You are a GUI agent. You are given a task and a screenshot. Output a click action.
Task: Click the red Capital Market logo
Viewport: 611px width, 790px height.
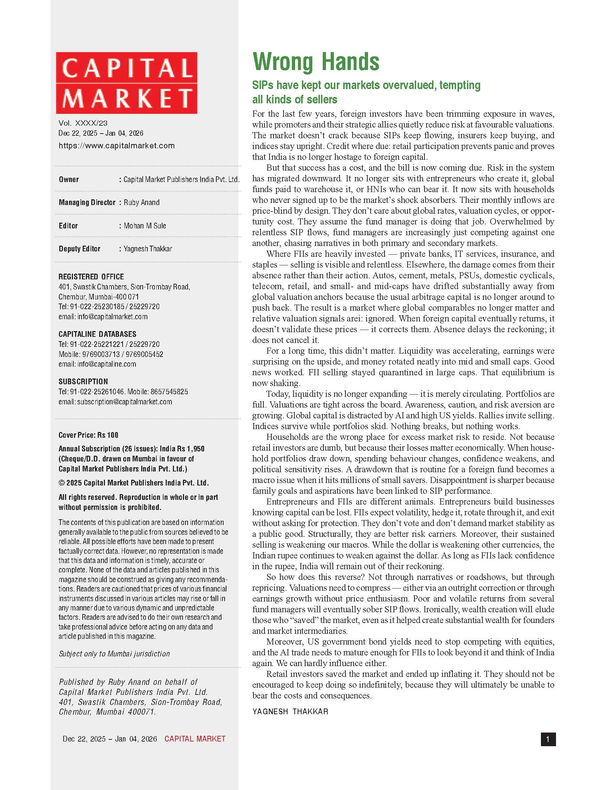click(x=126, y=83)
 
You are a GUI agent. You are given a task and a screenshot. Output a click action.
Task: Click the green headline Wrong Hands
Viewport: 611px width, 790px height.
click(x=316, y=62)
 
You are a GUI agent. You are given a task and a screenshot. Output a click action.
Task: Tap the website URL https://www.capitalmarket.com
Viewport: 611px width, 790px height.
click(x=116, y=146)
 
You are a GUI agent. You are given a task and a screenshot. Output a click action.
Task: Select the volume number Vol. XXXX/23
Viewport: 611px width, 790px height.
click(x=83, y=123)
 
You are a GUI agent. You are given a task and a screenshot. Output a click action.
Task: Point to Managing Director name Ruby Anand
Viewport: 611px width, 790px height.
click(x=142, y=203)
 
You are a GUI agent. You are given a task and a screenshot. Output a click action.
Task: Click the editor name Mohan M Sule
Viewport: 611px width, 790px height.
click(x=145, y=226)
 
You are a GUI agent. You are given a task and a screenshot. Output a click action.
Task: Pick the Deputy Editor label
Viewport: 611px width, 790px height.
click(x=80, y=249)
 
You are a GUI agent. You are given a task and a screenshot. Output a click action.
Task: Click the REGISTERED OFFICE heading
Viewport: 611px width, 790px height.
click(x=91, y=277)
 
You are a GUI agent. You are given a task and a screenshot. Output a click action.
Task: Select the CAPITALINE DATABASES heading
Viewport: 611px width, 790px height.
click(x=97, y=334)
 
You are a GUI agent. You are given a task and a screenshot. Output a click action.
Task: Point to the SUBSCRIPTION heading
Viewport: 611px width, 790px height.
click(x=83, y=382)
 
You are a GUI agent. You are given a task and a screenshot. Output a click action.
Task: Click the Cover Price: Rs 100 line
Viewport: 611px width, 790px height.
click(x=88, y=435)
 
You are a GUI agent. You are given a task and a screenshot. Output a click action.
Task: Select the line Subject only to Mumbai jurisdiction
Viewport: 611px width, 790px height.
click(x=114, y=654)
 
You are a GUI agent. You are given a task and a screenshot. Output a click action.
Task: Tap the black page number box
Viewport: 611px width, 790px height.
click(x=548, y=739)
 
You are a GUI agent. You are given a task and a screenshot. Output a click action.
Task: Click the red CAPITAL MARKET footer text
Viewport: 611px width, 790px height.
click(x=195, y=739)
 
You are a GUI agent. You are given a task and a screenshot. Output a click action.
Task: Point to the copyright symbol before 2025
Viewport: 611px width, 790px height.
click(x=61, y=483)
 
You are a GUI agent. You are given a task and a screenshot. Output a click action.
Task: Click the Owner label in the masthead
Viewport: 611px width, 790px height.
click(x=69, y=180)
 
